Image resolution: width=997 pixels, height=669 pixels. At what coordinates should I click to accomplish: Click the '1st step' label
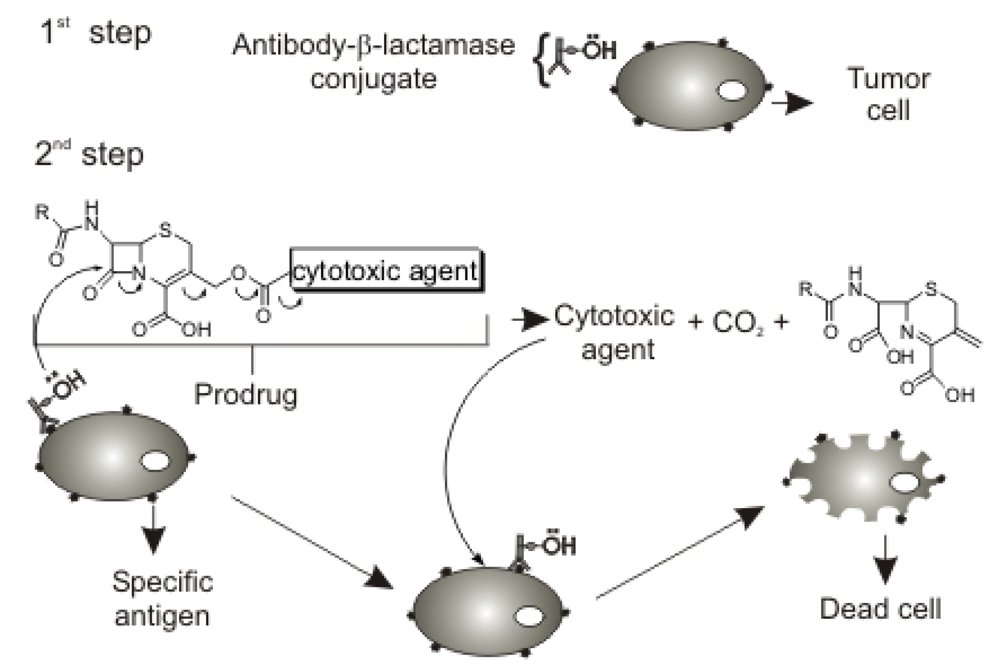click(96, 33)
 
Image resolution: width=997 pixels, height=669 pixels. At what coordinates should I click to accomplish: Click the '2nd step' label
click(89, 155)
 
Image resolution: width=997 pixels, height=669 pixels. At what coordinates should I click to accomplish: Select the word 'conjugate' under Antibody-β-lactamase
click(373, 79)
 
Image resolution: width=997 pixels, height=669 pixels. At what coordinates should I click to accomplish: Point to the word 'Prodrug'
click(246, 394)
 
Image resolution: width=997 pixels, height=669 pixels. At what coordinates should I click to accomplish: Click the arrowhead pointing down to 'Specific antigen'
click(153, 540)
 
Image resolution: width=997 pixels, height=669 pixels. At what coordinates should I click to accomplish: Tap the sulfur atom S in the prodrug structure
click(165, 231)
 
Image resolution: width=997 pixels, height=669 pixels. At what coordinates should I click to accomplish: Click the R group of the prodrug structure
click(42, 212)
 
